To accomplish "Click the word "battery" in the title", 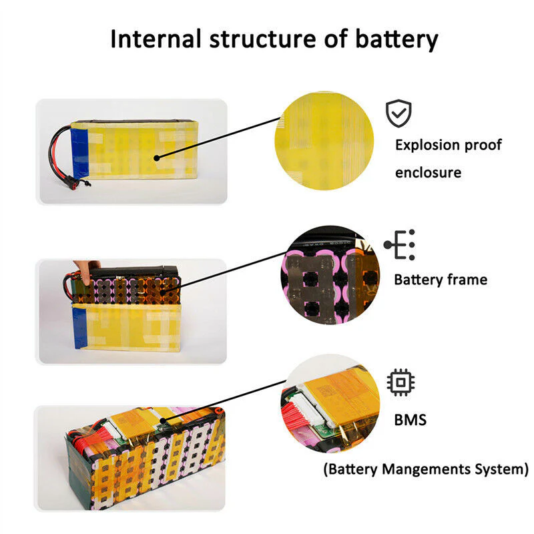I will pos(396,39).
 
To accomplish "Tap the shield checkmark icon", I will pos(398,114).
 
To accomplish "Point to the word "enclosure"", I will pos(428,172).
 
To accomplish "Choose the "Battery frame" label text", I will pos(441,279).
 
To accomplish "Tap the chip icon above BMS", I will pos(399,382).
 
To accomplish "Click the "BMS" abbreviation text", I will pos(411,421).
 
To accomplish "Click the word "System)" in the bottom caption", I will pos(502,469).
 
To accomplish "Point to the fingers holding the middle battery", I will pos(86,268).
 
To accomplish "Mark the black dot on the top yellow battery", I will pos(156,158).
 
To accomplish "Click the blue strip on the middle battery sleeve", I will pos(80,328).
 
